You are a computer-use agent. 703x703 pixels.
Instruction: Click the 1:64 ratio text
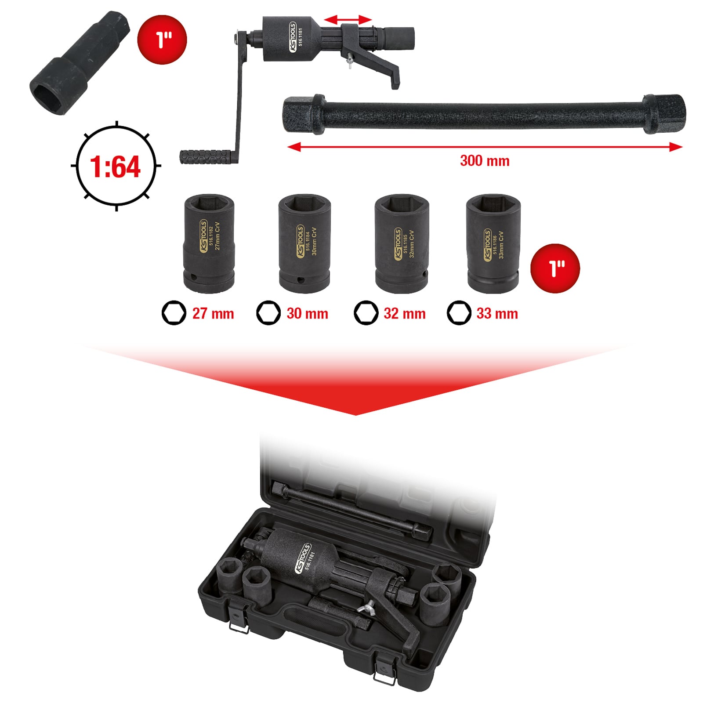pyautogui.click(x=115, y=167)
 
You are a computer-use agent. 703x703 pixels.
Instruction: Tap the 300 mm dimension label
pyautogui.click(x=485, y=161)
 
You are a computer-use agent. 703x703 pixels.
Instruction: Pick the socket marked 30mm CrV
pyautogui.click(x=304, y=244)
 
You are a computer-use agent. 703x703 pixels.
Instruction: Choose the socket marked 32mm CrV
pyautogui.click(x=402, y=244)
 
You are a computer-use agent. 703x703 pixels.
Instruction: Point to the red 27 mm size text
pyautogui.click(x=213, y=314)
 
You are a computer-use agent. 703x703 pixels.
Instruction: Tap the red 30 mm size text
pyautogui.click(x=308, y=314)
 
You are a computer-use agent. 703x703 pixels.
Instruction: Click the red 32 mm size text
pyautogui.click(x=405, y=314)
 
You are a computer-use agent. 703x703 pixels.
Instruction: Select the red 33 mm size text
pyautogui.click(x=497, y=314)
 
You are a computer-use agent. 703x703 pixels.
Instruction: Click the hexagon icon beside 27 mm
pyautogui.click(x=174, y=313)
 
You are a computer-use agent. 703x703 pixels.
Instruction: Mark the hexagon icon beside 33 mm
pyautogui.click(x=459, y=313)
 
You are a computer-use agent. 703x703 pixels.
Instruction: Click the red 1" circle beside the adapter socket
pyautogui.click(x=163, y=40)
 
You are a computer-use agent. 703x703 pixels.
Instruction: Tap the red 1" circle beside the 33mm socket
pyautogui.click(x=555, y=268)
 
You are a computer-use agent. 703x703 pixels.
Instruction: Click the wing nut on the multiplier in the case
pyautogui.click(x=363, y=609)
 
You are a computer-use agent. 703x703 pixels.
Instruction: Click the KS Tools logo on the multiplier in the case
pyautogui.click(x=302, y=558)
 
